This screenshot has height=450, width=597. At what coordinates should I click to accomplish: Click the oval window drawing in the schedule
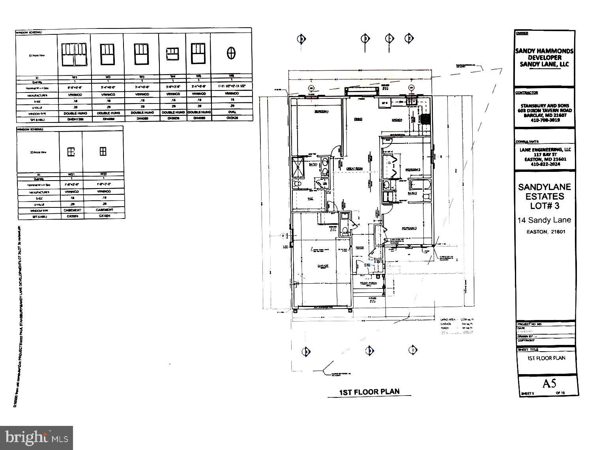click(231, 53)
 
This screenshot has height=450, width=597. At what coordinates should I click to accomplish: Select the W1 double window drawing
click(74, 55)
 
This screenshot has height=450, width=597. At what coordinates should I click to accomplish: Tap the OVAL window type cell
click(232, 112)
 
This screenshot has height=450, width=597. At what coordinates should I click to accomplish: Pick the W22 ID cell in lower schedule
click(103, 174)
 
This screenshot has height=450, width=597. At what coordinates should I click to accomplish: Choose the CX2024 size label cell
click(71, 216)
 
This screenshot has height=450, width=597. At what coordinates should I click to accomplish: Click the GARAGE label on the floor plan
click(323, 266)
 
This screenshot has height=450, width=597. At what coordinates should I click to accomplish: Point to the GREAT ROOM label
click(354, 169)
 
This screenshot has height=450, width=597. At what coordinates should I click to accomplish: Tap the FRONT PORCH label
click(368, 283)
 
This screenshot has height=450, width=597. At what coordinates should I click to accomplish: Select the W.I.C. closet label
click(310, 199)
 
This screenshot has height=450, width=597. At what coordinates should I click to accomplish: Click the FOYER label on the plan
click(359, 248)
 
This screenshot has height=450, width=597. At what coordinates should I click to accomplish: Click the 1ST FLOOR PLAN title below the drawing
click(369, 392)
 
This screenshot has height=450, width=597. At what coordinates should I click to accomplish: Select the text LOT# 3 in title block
click(544, 206)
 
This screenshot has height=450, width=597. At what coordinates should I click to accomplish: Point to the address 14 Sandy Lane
click(544, 220)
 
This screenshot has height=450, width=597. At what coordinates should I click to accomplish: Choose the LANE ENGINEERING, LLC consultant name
click(545, 149)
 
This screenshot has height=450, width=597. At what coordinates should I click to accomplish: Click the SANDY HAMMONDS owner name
click(544, 51)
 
